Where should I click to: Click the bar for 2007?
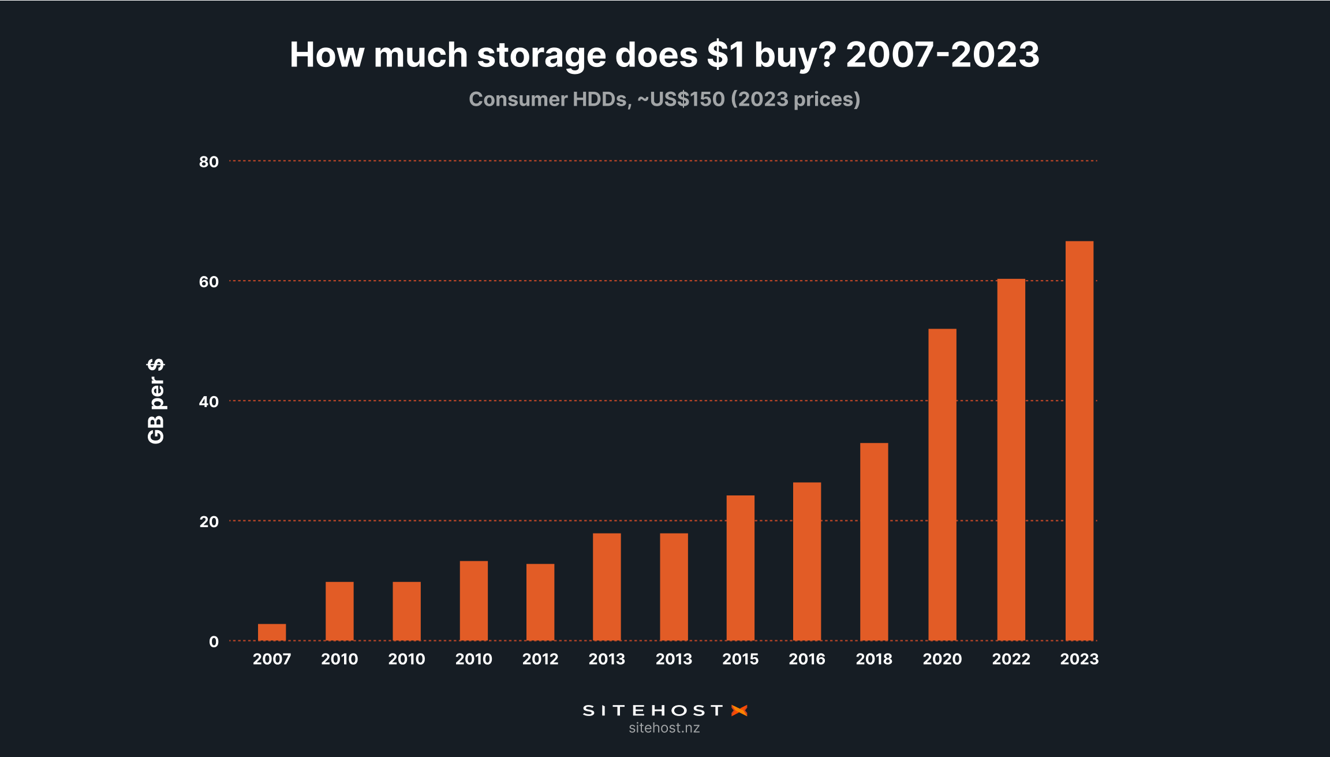click(272, 632)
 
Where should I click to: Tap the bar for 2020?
click(942, 484)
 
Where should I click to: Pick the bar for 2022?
click(1011, 460)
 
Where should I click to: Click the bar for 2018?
click(874, 542)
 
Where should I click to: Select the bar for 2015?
click(740, 568)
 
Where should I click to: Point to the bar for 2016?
click(807, 561)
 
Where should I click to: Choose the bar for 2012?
click(540, 602)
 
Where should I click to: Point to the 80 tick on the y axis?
click(209, 162)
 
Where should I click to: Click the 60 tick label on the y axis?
click(209, 282)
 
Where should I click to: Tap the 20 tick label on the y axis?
click(209, 522)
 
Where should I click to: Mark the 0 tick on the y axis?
click(214, 642)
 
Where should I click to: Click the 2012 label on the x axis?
click(540, 659)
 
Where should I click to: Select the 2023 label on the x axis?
click(1079, 659)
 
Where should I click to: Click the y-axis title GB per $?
click(156, 401)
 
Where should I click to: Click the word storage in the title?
click(541, 55)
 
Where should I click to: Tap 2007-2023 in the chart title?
click(942, 54)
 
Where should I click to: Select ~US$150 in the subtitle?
click(681, 99)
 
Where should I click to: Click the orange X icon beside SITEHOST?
click(739, 710)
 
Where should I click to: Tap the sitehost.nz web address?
click(664, 728)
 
